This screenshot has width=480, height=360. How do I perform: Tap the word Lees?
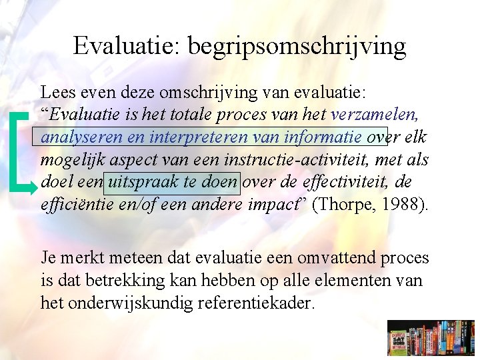[x=56, y=92]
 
